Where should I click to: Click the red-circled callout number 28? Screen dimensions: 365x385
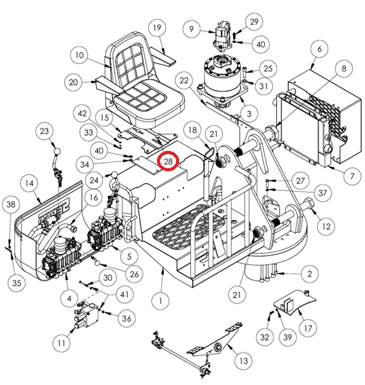168,161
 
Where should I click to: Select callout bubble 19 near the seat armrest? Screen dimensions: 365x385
157,28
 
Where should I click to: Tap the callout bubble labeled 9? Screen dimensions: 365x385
191,29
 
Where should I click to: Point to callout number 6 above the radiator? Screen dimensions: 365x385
319,49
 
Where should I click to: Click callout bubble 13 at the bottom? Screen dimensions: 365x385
243,361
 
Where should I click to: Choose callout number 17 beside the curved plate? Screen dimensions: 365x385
308,328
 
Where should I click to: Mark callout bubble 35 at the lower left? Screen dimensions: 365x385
17,283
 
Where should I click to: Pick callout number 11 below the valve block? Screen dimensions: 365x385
62,342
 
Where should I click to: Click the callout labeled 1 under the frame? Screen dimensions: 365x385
161,301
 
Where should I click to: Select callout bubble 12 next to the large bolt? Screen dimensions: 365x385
326,226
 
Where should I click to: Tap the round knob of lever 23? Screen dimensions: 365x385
57,151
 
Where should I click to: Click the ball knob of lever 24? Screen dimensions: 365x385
114,176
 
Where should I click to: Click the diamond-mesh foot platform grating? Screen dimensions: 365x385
189,225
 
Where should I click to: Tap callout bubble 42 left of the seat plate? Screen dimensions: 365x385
82,113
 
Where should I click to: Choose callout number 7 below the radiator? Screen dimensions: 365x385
352,176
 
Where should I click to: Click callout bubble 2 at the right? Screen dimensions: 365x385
310,274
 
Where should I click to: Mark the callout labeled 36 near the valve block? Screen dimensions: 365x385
127,318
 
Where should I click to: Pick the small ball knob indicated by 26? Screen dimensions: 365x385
97,263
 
